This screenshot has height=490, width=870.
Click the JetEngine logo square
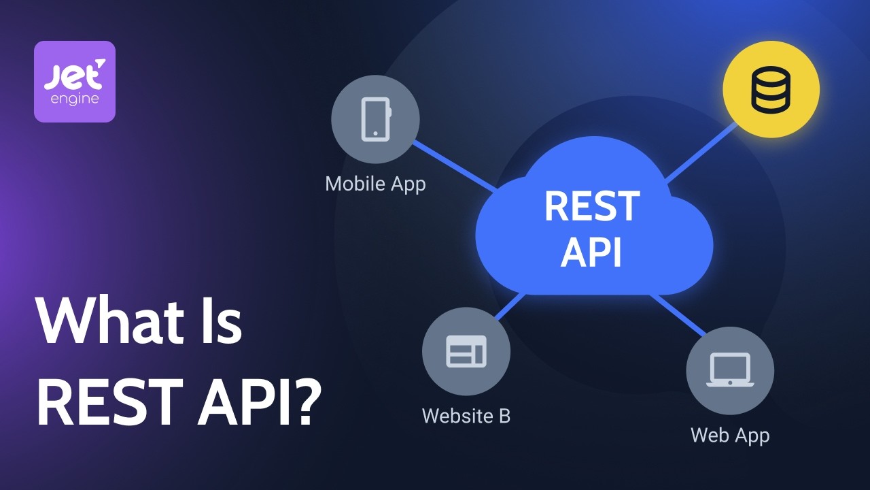75,82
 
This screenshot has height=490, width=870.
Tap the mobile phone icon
375,120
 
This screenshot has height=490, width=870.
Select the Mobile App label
375,184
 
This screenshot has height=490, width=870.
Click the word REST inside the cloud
592,206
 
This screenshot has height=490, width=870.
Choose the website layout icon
466,352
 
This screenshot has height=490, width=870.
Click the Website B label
466,415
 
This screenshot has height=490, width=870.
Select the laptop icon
729,370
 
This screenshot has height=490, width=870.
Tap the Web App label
730,435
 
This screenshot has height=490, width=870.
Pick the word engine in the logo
75,99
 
